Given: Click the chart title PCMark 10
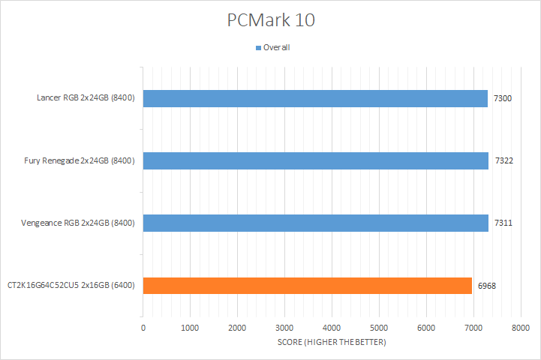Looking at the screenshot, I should point(271,20).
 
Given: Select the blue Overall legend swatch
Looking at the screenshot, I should point(259,47).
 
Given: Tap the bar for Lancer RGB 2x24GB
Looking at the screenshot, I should point(315,98).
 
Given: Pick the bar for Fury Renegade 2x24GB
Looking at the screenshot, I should point(316,160).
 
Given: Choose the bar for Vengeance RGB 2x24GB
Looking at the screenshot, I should point(316,223).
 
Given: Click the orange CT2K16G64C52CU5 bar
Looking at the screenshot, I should point(308,285).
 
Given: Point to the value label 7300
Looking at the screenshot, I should point(503,98).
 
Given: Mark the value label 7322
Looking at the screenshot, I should point(503,160).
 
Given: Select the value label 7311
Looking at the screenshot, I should point(503,223).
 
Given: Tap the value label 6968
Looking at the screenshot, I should point(487,285).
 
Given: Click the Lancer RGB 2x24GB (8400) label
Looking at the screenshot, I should point(86,98).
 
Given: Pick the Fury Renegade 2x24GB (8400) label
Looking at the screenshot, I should point(80,160).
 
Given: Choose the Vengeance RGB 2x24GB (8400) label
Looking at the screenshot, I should point(78,223).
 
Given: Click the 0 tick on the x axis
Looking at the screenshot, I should point(143,328).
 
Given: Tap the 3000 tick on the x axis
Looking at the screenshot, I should point(284,328).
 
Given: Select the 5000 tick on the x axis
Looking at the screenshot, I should point(379,328).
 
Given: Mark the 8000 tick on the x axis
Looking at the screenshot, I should point(521,328).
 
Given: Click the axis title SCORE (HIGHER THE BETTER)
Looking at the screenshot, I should point(332,343).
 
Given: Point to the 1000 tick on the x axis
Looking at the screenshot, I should point(191,328).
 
